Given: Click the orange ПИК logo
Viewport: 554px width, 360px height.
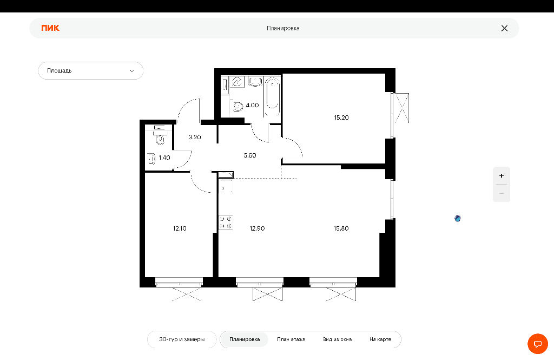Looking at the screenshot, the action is (50, 28).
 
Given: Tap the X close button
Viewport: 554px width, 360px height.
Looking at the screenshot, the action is (504, 28).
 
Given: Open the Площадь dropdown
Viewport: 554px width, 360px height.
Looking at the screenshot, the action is (91, 71).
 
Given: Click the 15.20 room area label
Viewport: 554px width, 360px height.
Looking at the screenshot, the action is (341, 118).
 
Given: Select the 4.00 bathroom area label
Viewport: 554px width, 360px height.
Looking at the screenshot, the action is (252, 106).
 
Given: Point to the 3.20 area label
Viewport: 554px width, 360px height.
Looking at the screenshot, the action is (195, 137).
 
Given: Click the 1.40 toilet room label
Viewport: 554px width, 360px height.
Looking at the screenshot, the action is (164, 158).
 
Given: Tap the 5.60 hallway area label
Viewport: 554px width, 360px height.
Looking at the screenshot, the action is (250, 155).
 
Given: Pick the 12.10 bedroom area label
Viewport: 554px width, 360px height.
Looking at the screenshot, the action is (180, 228).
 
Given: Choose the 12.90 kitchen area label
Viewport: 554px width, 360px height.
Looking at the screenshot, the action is (257, 228).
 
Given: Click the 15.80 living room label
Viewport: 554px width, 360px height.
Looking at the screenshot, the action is (341, 228).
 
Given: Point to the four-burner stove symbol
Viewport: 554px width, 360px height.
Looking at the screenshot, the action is (226, 222).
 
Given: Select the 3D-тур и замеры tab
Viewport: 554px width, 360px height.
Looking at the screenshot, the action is (182, 339).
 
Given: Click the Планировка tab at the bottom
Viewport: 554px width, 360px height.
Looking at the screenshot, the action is (245, 339).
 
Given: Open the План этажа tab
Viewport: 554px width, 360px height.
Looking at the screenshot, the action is (291, 339).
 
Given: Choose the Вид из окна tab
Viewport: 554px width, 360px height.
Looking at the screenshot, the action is (338, 339).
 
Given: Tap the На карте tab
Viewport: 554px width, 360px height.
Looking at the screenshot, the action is (380, 339).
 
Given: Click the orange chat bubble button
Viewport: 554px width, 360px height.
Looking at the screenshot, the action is (538, 344).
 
